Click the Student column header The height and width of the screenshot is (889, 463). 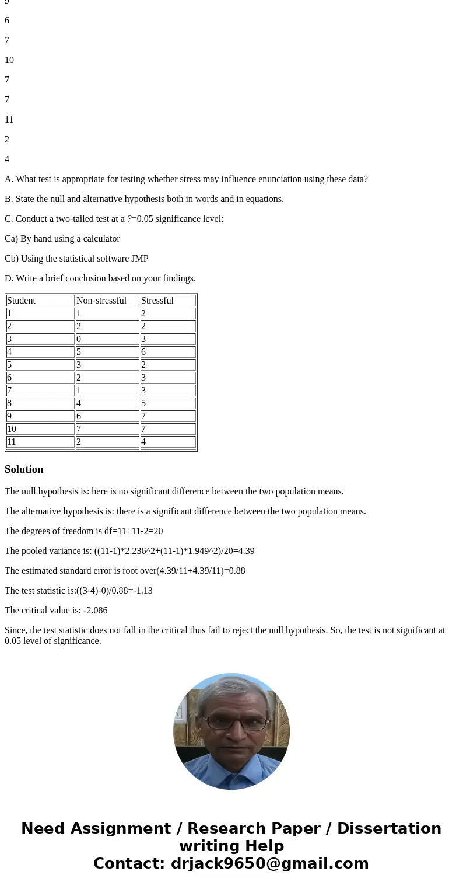click(x=22, y=301)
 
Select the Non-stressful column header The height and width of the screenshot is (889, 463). click(x=101, y=301)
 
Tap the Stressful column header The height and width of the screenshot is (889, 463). click(x=157, y=301)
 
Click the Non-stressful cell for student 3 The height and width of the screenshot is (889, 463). click(x=79, y=339)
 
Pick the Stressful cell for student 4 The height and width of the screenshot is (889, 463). click(x=143, y=352)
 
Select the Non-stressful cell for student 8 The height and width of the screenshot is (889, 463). click(x=79, y=403)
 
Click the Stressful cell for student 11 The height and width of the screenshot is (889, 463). click(x=143, y=442)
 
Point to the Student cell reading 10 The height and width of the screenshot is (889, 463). click(x=12, y=429)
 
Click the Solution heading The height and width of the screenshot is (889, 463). click(x=24, y=469)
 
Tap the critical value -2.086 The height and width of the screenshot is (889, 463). click(x=96, y=611)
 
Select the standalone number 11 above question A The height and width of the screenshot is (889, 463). click(x=9, y=120)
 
